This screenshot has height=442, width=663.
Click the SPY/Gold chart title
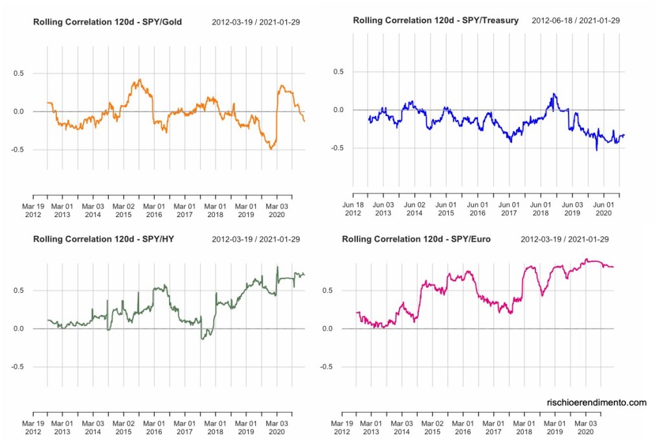[x=107, y=23]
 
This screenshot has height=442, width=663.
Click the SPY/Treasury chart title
[x=436, y=21]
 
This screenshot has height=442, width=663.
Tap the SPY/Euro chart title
[x=416, y=239]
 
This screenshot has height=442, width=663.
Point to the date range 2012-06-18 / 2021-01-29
[x=576, y=21]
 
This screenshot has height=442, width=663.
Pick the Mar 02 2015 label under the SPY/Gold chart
[x=124, y=211]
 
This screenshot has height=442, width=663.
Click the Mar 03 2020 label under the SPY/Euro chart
[x=585, y=427]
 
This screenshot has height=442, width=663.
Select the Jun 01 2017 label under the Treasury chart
[x=509, y=209]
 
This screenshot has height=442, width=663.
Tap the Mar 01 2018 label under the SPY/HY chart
[x=216, y=427]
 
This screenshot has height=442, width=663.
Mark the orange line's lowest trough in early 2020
[x=271, y=149]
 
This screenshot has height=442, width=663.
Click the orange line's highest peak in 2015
[x=139, y=80]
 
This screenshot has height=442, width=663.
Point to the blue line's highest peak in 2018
[x=554, y=94]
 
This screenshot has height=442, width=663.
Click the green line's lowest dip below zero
[x=203, y=339]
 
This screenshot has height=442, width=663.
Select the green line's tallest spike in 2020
[x=278, y=267]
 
